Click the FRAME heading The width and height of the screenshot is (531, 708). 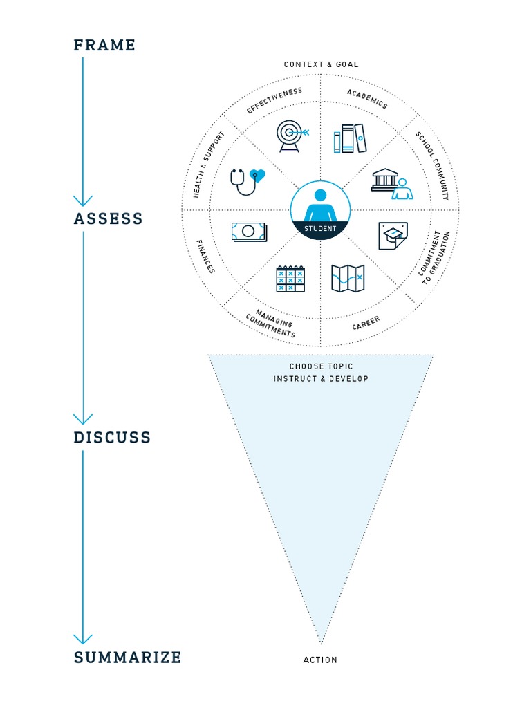click(104, 46)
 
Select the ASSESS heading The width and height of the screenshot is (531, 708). click(108, 219)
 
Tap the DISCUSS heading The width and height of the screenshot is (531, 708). click(112, 438)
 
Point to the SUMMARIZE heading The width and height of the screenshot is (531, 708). click(127, 658)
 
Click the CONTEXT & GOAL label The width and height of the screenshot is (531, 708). click(321, 64)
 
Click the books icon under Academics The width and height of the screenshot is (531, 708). click(349, 138)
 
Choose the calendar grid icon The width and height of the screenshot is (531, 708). click(290, 278)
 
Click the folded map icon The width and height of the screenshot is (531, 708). click(348, 278)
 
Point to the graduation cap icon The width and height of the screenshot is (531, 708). click(392, 235)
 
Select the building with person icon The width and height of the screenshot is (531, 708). click(392, 183)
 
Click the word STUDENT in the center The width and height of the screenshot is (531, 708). click(320, 229)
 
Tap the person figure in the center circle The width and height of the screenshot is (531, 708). click(320, 205)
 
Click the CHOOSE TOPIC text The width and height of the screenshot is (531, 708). click(321, 366)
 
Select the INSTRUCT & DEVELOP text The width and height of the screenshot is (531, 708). click(321, 379)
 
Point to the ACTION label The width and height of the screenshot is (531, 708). click(320, 660)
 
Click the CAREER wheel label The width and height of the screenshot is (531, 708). click(366, 324)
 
